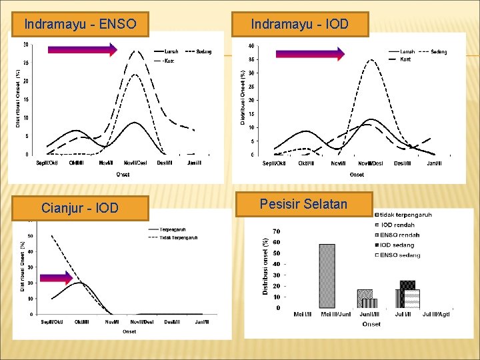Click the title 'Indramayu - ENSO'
tap(80, 25)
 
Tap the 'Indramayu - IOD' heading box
tap(299, 25)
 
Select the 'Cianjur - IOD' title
tap(80, 208)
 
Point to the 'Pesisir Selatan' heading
tap(303, 204)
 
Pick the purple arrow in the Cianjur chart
tap(55, 278)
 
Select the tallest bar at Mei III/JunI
tap(327, 275)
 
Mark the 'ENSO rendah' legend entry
tap(399, 235)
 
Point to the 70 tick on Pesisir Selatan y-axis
tap(276, 231)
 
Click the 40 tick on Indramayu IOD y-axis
tap(251, 46)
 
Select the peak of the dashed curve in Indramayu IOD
tap(371, 60)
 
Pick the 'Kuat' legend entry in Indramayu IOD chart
tap(405, 60)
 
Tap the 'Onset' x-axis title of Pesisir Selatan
tap(371, 324)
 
